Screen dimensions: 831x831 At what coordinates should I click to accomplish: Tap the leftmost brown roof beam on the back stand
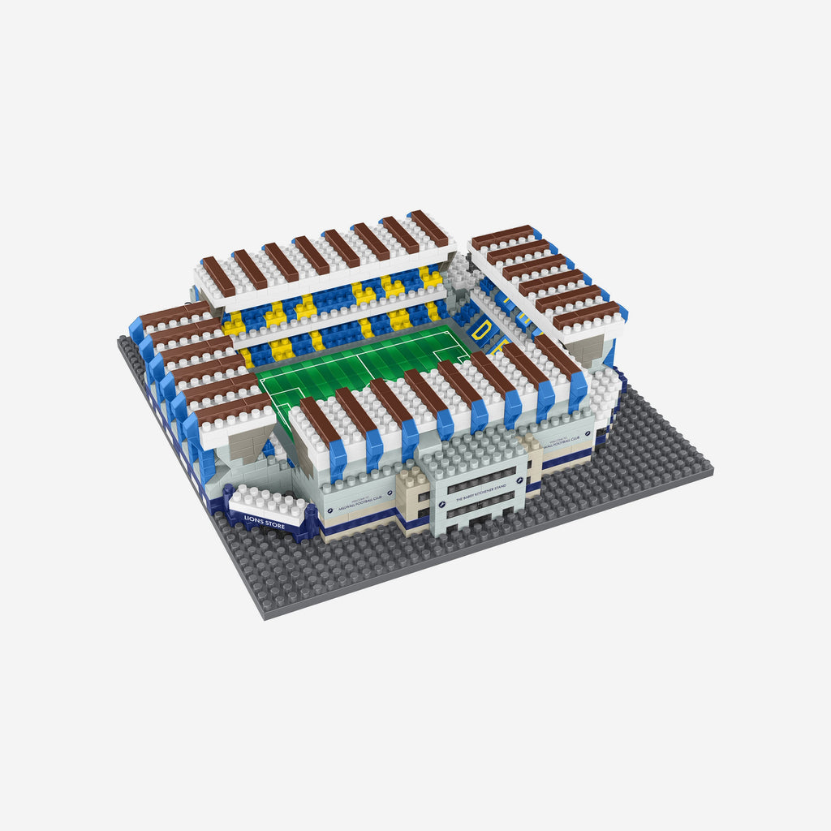[x=217, y=276]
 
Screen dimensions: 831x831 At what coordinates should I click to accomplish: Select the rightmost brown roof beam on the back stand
[x=428, y=228]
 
